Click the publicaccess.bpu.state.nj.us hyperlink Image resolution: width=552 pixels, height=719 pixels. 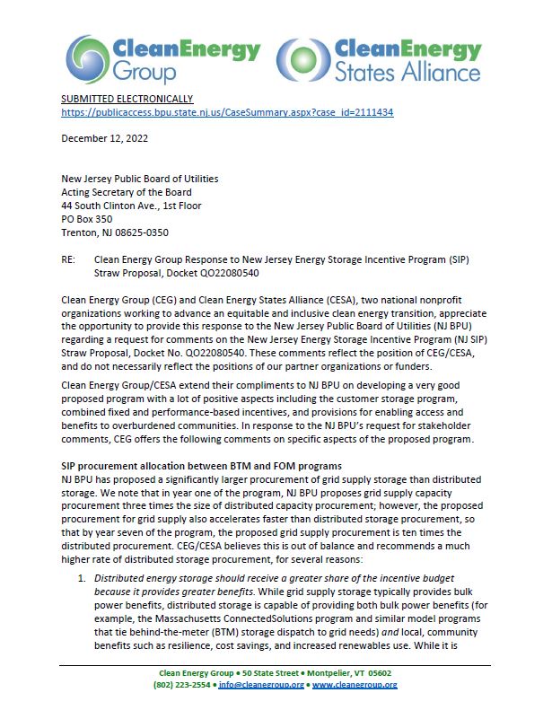(227, 113)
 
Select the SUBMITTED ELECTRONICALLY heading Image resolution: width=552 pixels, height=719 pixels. (127, 99)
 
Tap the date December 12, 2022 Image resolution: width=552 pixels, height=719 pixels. (104, 138)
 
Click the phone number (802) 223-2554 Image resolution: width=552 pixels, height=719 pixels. (186, 685)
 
